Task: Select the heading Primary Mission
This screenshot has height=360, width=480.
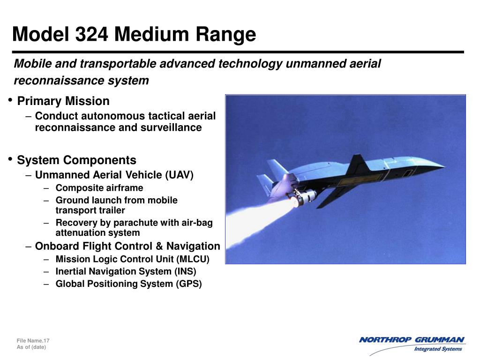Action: (x=63, y=101)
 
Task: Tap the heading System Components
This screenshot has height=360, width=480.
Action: (x=76, y=160)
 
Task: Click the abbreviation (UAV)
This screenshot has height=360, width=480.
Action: (x=179, y=175)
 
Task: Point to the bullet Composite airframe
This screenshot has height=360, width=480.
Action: (x=99, y=188)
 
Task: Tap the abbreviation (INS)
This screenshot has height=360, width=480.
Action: (x=185, y=271)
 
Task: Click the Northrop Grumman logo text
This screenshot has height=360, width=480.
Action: (x=412, y=340)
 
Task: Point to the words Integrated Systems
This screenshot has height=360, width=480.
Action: (x=438, y=349)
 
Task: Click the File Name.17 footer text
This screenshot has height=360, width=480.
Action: (x=33, y=340)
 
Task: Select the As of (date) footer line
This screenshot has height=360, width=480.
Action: (x=31, y=347)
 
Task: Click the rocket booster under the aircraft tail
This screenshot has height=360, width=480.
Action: (x=303, y=197)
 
